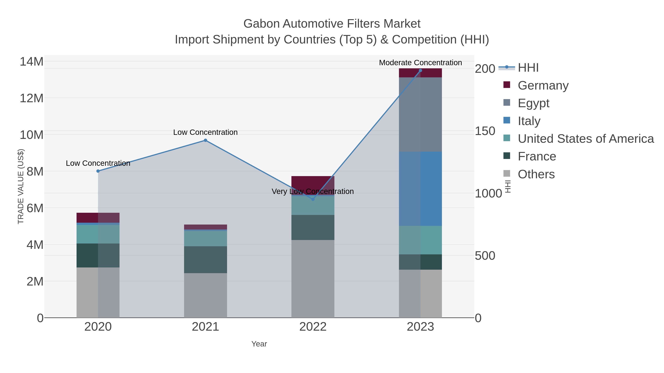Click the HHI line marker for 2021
pos(205,140)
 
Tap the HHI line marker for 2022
pos(313,199)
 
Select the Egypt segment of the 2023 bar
pos(420,115)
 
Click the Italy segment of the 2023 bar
pos(420,189)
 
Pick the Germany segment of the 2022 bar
pos(313,184)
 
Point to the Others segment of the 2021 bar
pos(205,295)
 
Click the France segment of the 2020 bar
pos(98,255)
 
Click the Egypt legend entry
pos(534,103)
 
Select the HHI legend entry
pos(528,68)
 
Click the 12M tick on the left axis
pos(31,98)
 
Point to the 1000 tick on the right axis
pos(488,193)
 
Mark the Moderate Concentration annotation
pos(420,63)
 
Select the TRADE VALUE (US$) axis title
pos(21,186)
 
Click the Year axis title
pos(259,344)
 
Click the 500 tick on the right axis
pos(485,256)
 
